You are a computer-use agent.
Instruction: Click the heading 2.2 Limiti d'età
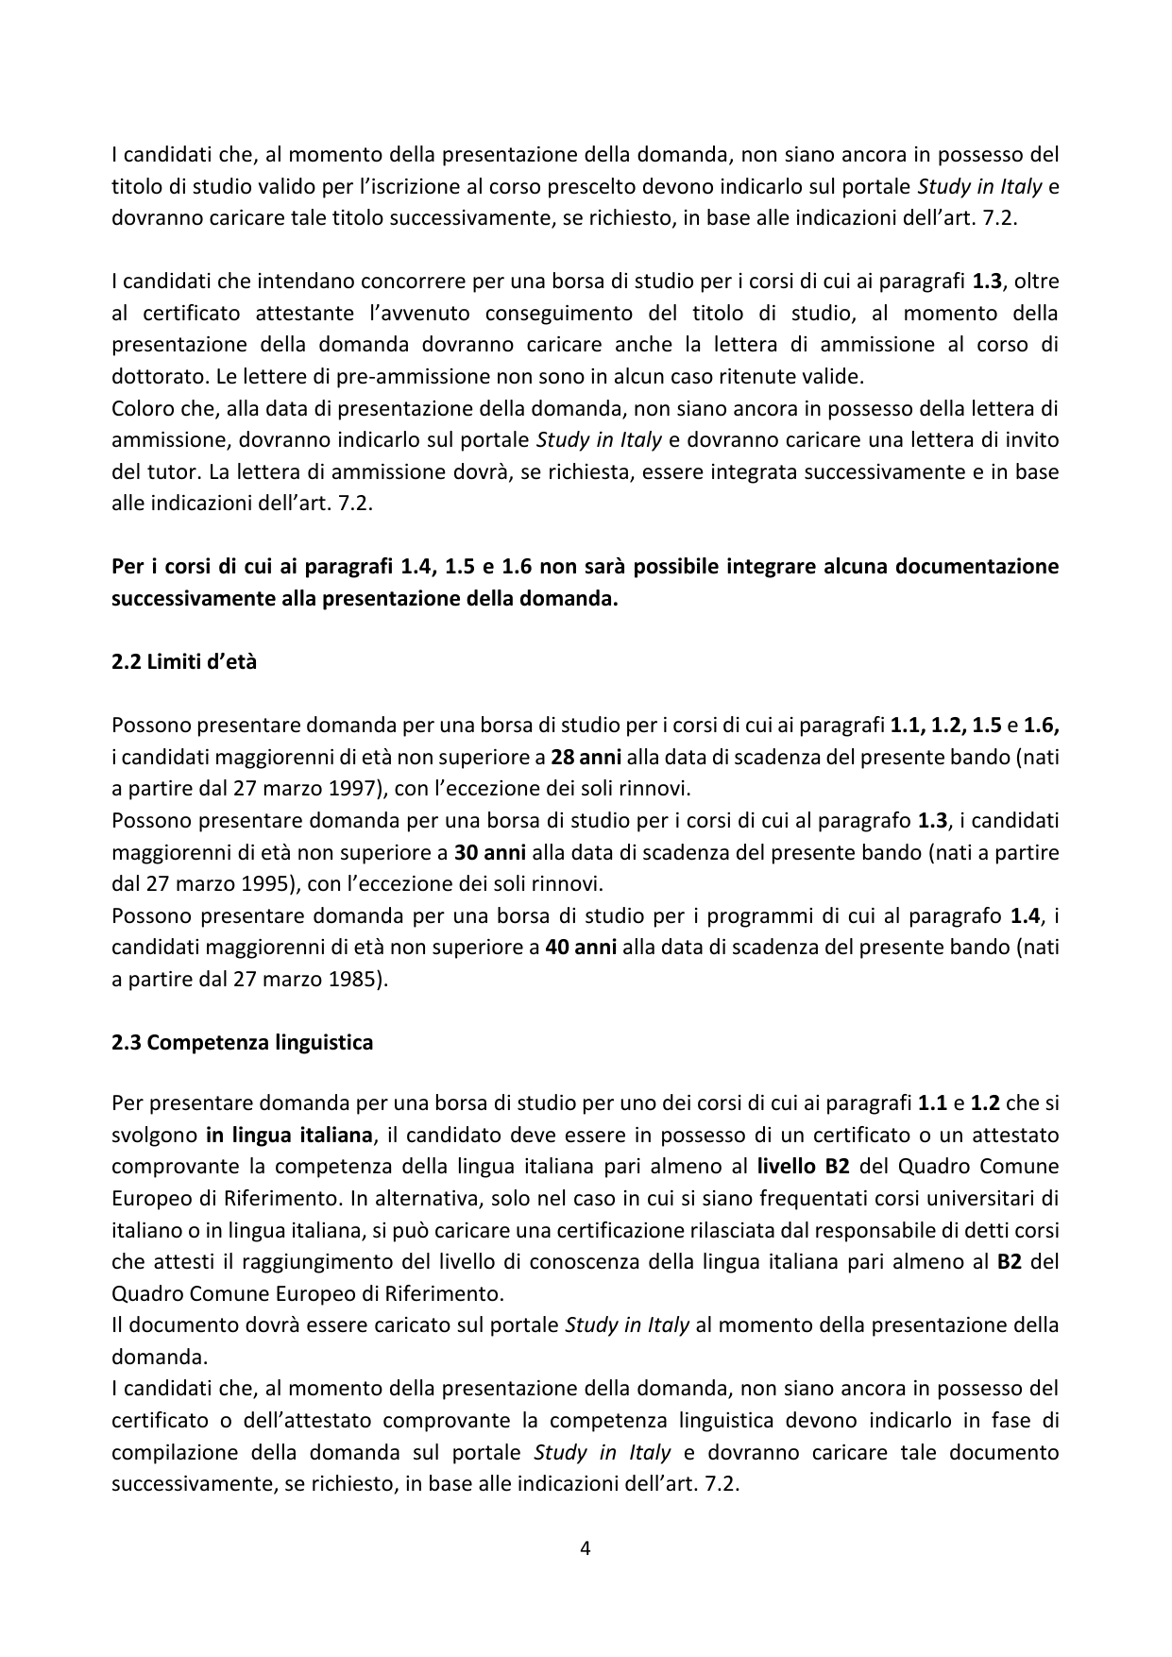click(x=184, y=661)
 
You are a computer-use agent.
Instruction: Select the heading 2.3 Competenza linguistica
click(x=242, y=1042)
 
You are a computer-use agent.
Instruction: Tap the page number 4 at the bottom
click(x=586, y=1547)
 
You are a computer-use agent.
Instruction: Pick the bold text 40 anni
click(x=582, y=947)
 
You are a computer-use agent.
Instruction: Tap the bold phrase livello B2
click(x=796, y=1166)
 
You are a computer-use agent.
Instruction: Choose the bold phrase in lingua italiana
click(x=290, y=1134)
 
